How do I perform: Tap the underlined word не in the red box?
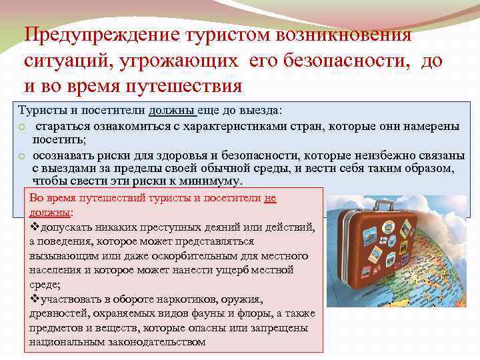tap(269, 198)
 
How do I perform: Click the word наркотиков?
tap(179, 299)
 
